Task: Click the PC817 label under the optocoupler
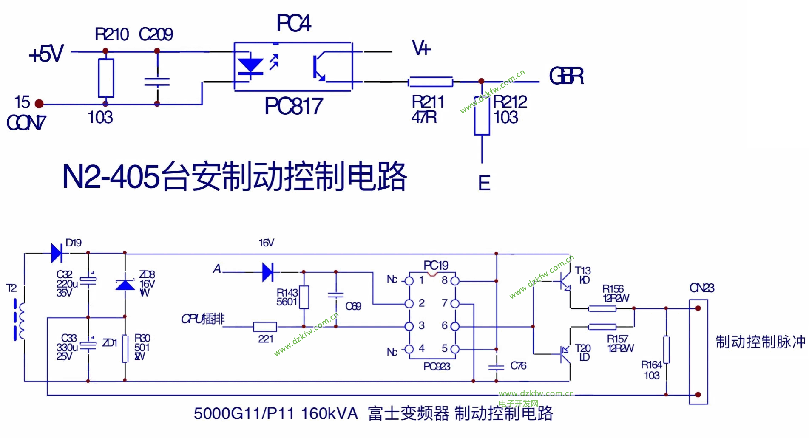pos(294,106)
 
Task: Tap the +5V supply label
pos(46,54)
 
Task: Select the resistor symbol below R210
pos(106,78)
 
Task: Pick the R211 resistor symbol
pos(430,82)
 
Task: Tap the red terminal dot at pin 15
pos(39,104)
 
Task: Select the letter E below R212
pos(484,183)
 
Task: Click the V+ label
pos(421,48)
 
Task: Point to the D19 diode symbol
pos(57,253)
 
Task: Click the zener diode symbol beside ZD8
pos(125,284)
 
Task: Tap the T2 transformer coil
pos(19,319)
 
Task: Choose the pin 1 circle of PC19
pos(409,281)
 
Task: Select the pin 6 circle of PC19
pos(455,326)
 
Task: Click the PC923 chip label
pos(437,366)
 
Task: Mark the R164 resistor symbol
pos(666,350)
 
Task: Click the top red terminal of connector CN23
pos(698,308)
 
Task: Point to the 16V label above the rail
pos(267,243)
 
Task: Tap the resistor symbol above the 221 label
pos(265,327)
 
